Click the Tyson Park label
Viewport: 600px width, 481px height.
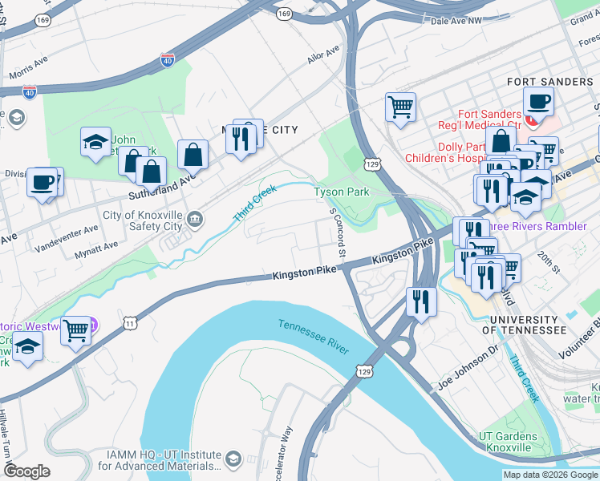pyautogui.click(x=341, y=192)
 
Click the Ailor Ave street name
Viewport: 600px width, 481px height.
pyautogui.click(x=323, y=58)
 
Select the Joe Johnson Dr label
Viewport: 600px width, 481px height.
pyautogui.click(x=468, y=377)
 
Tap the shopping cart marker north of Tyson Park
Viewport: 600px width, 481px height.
pyautogui.click(x=399, y=106)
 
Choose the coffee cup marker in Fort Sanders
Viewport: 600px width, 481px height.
pyautogui.click(x=538, y=100)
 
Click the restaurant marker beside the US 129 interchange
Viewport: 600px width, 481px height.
pyautogui.click(x=421, y=301)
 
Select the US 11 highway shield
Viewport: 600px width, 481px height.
pyautogui.click(x=129, y=322)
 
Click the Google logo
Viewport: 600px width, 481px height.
pyautogui.click(x=27, y=471)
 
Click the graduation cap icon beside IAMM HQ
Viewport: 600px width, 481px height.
pyautogui.click(x=233, y=459)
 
